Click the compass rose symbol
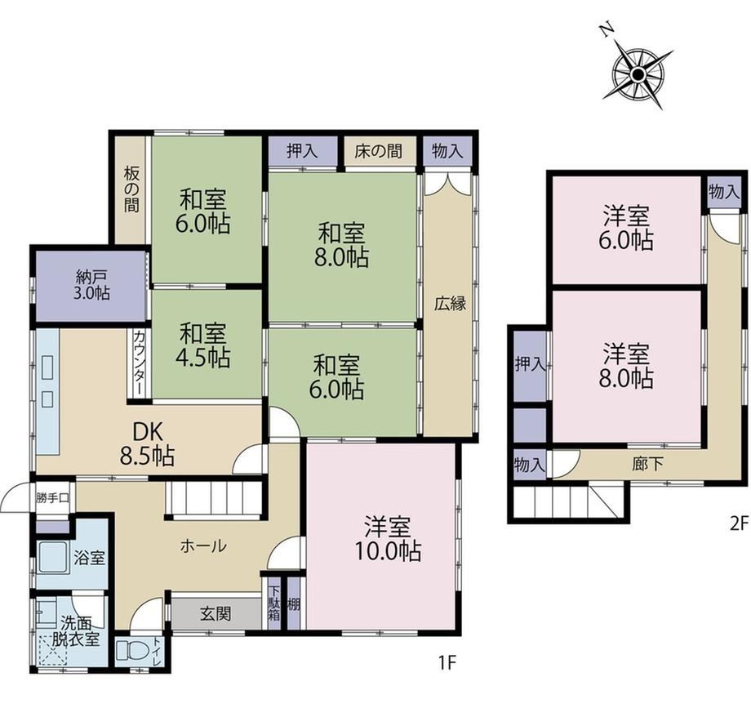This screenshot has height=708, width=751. pyautogui.click(x=638, y=73)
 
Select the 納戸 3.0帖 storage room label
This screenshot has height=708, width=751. pyautogui.click(x=91, y=284)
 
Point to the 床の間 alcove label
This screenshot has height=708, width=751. pyautogui.click(x=378, y=151)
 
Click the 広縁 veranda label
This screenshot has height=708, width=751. pyautogui.click(x=451, y=304)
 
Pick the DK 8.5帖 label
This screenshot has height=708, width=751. pyautogui.click(x=147, y=444)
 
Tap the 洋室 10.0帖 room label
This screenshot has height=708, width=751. pyautogui.click(x=388, y=538)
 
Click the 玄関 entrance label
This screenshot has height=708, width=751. pyautogui.click(x=216, y=613)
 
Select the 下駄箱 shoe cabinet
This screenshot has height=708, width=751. pyautogui.click(x=273, y=603)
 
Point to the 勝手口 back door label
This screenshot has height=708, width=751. pyautogui.click(x=53, y=497)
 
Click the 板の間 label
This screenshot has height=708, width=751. pyautogui.click(x=131, y=189)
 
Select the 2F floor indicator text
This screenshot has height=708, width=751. pyautogui.click(x=738, y=523)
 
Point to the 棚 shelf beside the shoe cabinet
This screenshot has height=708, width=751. pyautogui.click(x=293, y=603)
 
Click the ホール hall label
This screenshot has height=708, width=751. pyautogui.click(x=203, y=545)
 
